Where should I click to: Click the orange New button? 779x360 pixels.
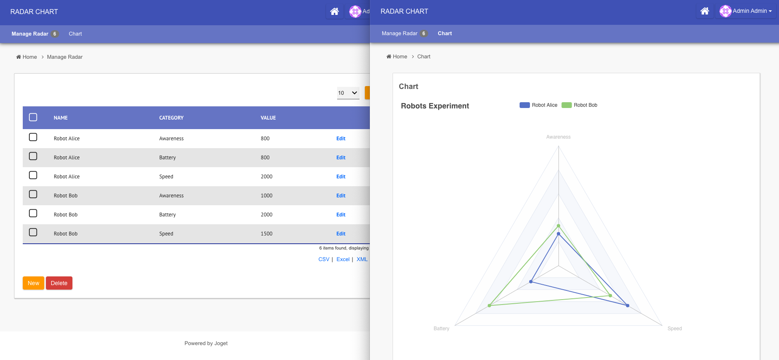tap(33, 283)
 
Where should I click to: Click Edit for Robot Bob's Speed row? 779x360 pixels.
tap(340, 234)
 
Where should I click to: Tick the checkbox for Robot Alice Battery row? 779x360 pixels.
tap(33, 156)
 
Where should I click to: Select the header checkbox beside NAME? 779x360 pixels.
tap(33, 118)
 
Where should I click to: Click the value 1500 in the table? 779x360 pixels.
tap(266, 234)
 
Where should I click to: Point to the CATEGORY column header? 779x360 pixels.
tap(171, 118)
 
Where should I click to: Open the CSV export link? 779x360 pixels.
tap(324, 259)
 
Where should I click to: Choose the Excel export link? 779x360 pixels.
tap(343, 259)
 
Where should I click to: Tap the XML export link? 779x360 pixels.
tap(362, 259)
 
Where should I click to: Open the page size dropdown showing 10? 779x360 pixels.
tap(348, 93)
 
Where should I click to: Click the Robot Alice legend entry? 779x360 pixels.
tap(539, 105)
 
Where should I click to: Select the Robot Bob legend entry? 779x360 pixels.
tap(580, 105)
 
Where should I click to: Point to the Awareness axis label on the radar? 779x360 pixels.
tap(558, 137)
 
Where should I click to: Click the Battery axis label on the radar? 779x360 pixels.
tap(441, 329)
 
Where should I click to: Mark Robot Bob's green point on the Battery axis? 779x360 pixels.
tap(489, 305)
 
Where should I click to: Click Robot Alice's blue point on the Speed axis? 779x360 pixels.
tap(628, 305)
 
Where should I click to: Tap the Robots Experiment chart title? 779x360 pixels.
tap(435, 106)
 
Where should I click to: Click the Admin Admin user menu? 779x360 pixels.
tap(747, 11)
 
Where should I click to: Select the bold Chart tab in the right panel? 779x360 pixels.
tap(445, 34)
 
